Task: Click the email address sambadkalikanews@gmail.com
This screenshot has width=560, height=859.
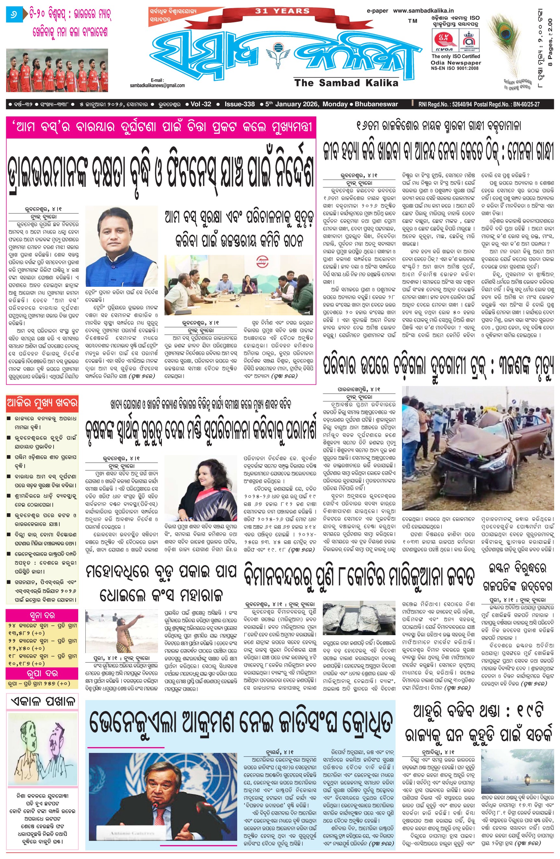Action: tap(157, 86)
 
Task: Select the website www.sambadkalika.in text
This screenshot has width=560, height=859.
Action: tap(423, 11)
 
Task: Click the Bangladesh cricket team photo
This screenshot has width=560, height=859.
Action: tap(57, 70)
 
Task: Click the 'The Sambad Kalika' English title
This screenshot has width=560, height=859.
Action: tap(346, 83)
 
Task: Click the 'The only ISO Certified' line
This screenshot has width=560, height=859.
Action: tap(456, 57)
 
